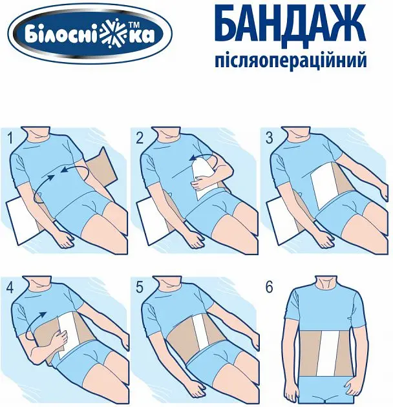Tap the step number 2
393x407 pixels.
pyautogui.click(x=140, y=138)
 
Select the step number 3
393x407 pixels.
pyautogui.click(x=269, y=138)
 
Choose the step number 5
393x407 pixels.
pyautogui.click(x=140, y=287)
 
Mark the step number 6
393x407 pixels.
pyautogui.click(x=269, y=287)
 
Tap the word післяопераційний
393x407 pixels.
pyautogui.click(x=291, y=61)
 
